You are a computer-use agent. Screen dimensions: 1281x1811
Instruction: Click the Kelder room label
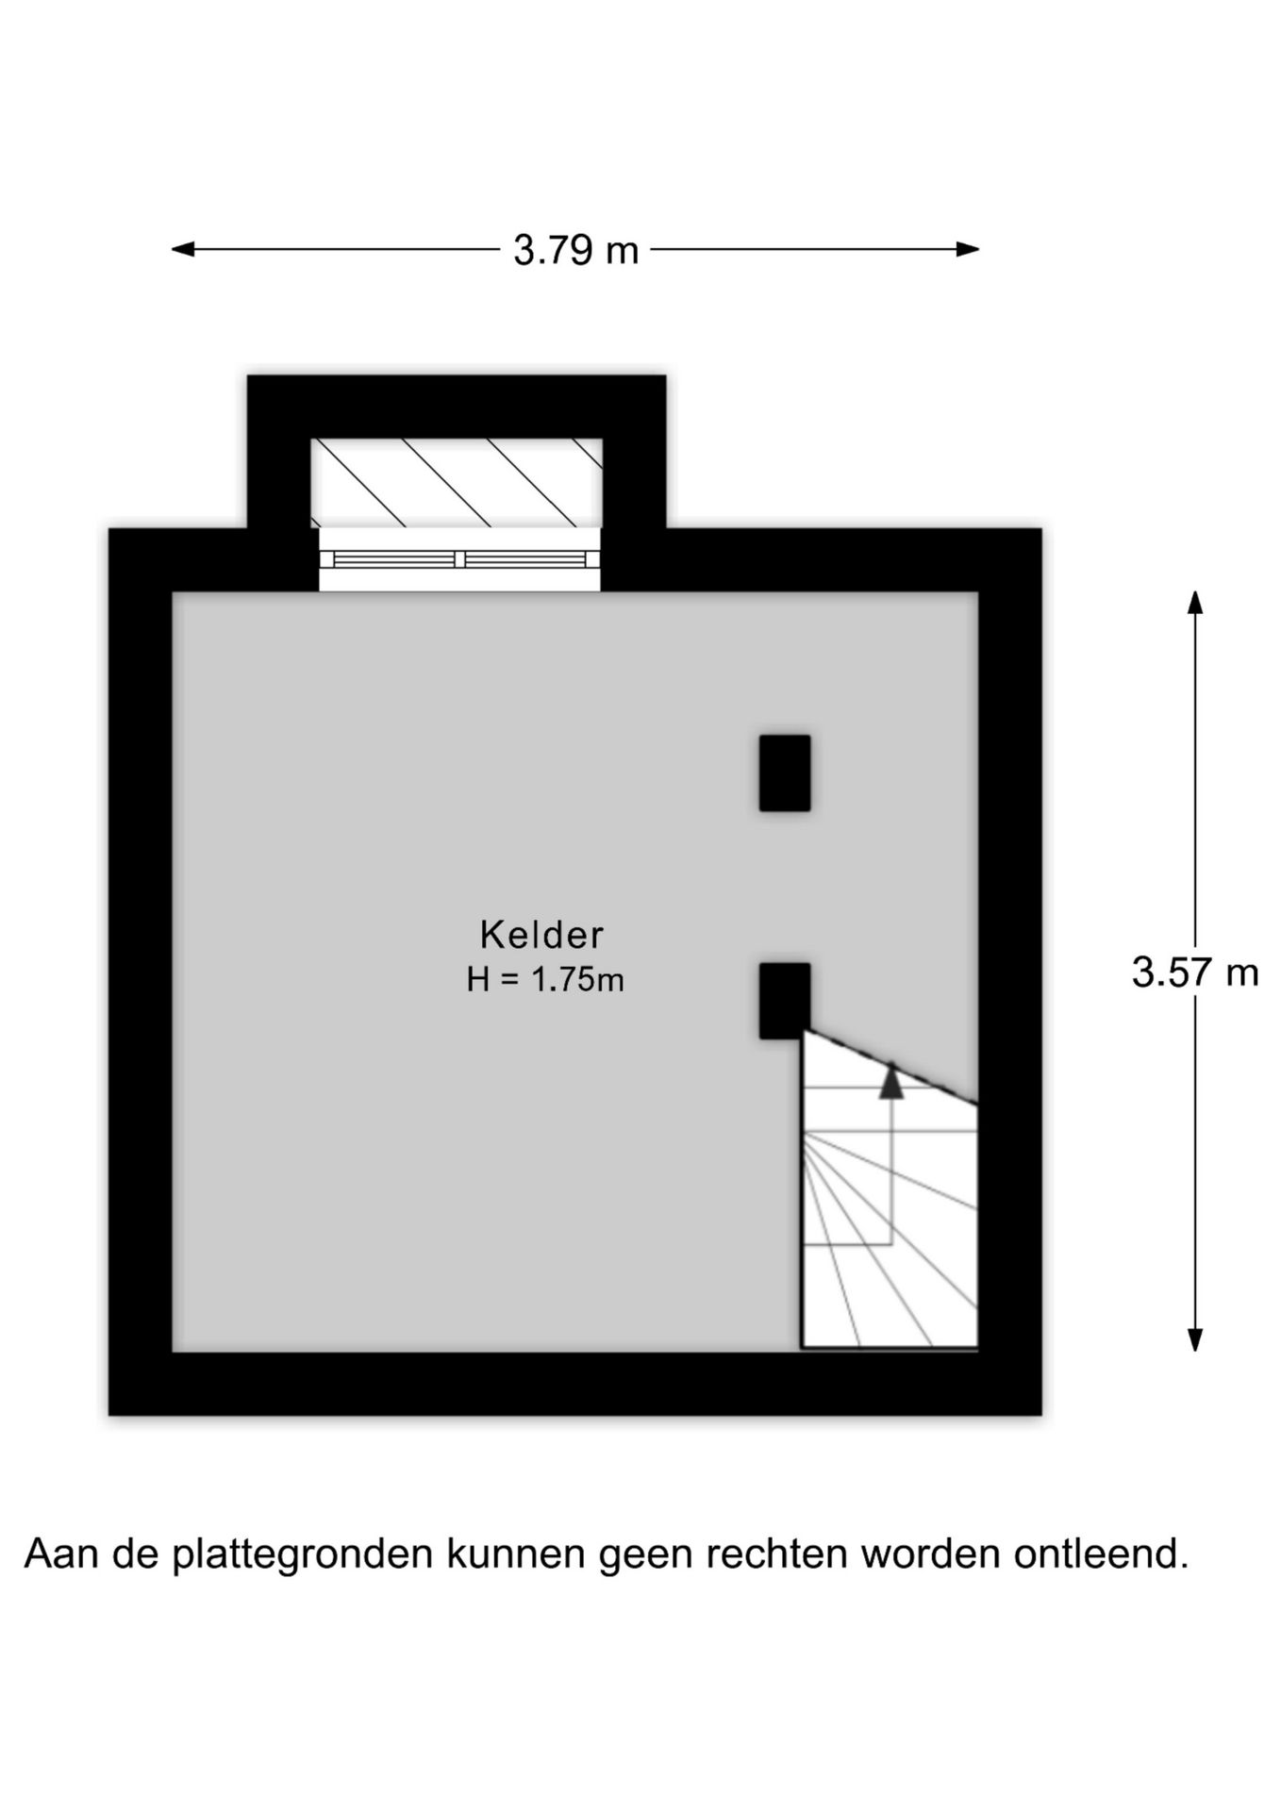[541, 934]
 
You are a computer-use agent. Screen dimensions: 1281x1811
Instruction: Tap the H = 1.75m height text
[545, 980]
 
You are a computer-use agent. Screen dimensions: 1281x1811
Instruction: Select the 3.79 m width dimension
[575, 250]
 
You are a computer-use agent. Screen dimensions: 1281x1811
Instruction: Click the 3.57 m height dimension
[1195, 972]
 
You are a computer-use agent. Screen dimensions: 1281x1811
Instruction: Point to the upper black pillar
[785, 773]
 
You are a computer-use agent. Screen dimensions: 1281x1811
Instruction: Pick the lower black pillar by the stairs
[785, 1001]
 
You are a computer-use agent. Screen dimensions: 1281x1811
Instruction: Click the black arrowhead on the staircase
[891, 1081]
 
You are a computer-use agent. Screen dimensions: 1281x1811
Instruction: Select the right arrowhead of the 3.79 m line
[967, 249]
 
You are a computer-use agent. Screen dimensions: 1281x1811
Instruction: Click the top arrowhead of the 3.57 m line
[1195, 603]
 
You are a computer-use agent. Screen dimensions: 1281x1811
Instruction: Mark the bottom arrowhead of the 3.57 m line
[1195, 1339]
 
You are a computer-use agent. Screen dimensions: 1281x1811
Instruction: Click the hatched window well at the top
[457, 483]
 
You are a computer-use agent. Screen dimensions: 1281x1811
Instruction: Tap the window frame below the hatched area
[459, 559]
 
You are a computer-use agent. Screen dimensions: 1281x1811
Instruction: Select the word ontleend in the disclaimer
[1102, 1553]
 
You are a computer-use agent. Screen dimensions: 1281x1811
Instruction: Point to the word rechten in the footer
[778, 1553]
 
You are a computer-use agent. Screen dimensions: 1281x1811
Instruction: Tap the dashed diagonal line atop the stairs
[890, 1067]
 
